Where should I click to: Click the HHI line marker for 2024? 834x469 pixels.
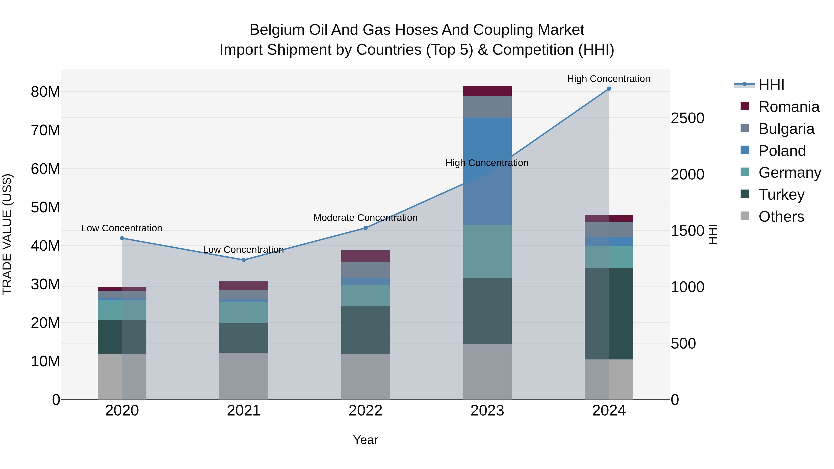point(609,89)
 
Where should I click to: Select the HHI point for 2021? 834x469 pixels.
point(244,260)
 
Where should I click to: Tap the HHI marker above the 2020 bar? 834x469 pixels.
point(122,238)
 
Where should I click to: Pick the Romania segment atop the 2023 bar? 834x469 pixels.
point(487,91)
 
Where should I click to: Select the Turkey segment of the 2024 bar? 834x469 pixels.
point(609,313)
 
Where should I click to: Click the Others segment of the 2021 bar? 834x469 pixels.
point(244,376)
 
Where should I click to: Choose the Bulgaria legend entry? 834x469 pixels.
point(786,129)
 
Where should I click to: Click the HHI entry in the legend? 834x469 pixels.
point(771,85)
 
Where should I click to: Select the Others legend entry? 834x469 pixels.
point(781,217)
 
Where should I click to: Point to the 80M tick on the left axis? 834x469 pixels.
point(45,92)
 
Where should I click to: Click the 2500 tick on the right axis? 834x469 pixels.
point(687,118)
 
